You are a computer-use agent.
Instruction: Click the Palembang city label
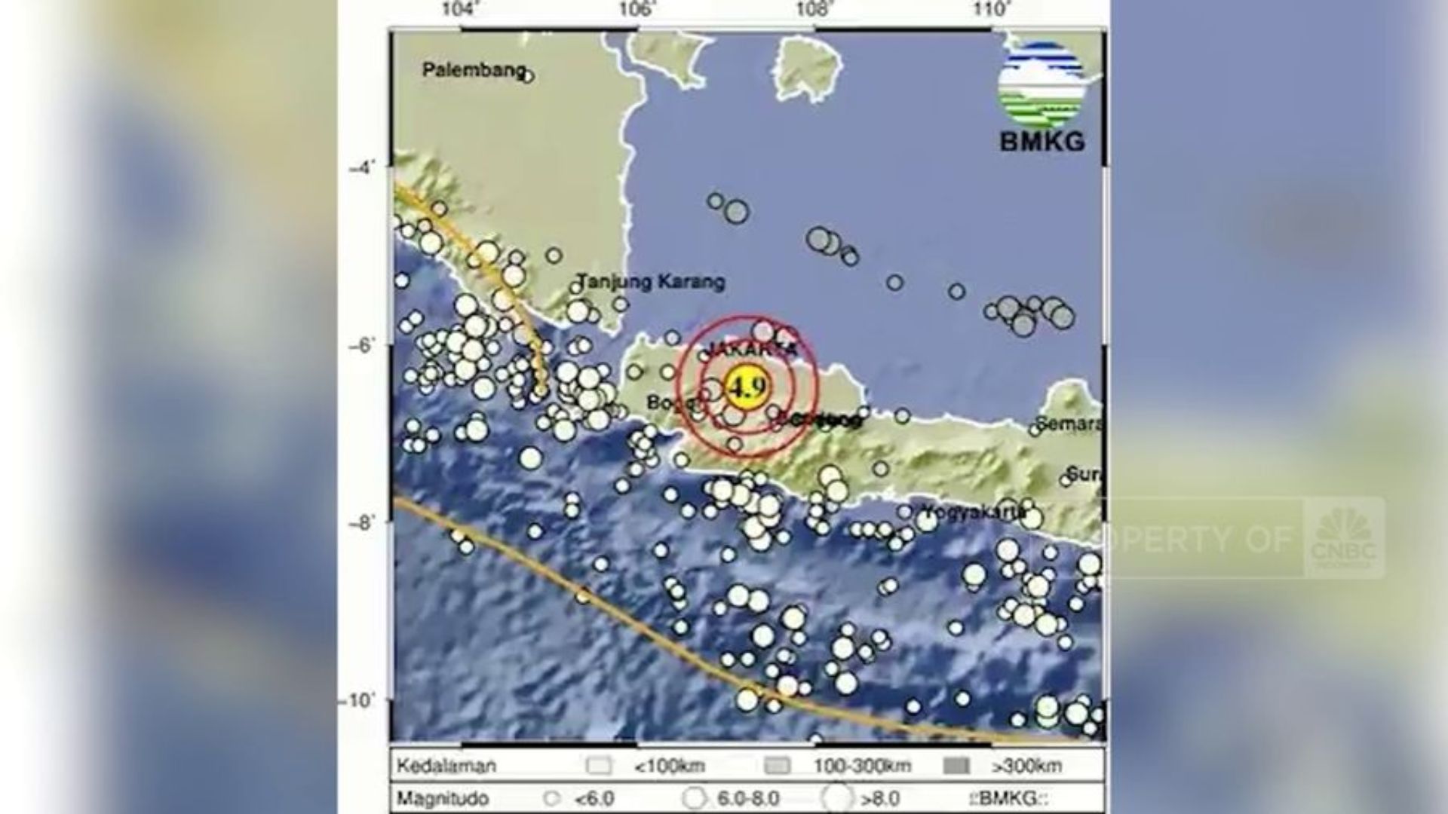point(473,70)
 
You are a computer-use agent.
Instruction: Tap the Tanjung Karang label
point(651,282)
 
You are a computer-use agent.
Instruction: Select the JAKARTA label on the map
point(751,350)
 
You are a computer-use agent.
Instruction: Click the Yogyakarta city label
point(974,512)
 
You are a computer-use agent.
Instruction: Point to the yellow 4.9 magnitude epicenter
point(747,387)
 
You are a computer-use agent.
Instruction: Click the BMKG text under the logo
point(1042,141)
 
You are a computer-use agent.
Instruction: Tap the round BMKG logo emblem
point(1042,84)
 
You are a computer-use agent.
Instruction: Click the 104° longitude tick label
point(461,10)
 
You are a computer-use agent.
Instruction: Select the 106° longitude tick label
point(637,10)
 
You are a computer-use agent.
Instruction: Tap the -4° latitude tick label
point(360,167)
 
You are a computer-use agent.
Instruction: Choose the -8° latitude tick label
point(360,522)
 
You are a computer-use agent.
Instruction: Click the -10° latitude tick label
point(357,701)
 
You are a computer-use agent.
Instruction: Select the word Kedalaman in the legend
point(446,767)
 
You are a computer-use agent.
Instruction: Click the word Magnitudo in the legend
point(443,798)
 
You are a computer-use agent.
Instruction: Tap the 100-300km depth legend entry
point(861,767)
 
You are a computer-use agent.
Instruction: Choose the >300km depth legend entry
point(1027,767)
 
